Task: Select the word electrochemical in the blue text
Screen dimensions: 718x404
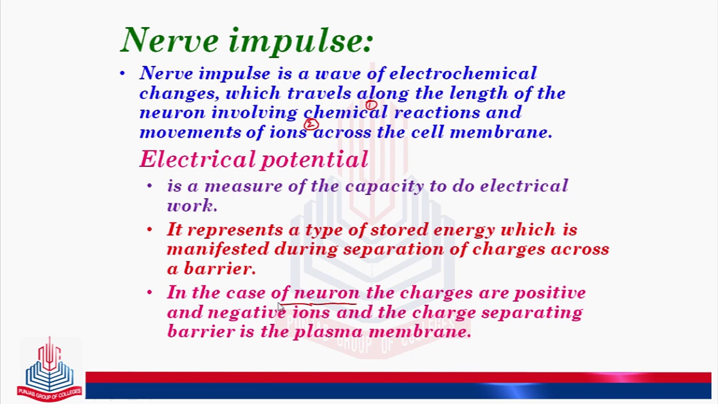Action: [463, 73]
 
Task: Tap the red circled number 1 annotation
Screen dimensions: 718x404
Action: [371, 105]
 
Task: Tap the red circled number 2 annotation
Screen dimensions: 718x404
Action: [311, 124]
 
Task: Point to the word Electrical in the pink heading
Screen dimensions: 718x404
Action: [197, 159]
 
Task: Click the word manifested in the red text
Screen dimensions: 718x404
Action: [218, 249]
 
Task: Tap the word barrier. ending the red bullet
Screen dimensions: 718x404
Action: [220, 269]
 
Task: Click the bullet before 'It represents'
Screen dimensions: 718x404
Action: [150, 229]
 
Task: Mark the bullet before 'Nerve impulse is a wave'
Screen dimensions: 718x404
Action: [122, 73]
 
